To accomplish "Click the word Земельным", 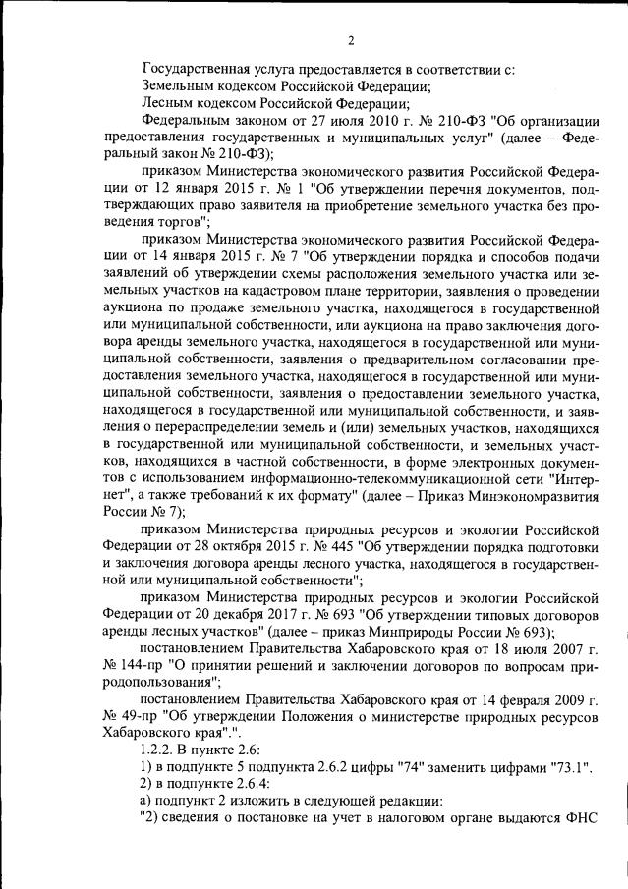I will pos(180,86).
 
